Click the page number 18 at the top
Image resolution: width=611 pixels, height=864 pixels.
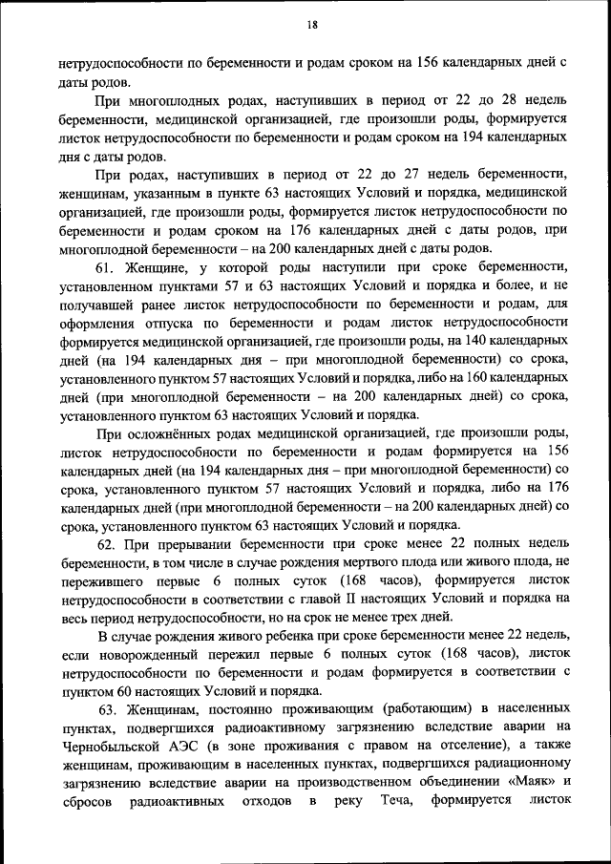coord(311,26)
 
